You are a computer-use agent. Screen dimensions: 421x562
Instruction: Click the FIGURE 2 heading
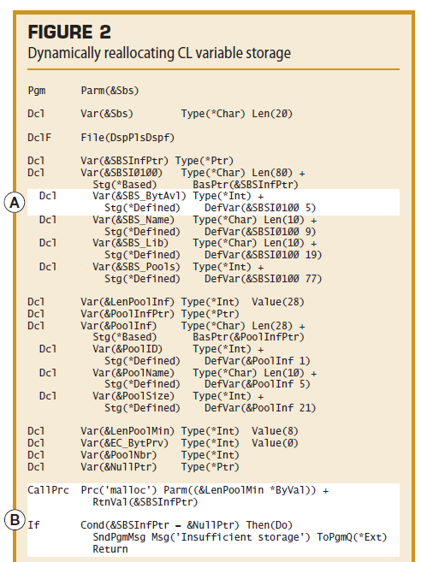click(69, 32)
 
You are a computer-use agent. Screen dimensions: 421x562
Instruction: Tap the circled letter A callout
click(15, 203)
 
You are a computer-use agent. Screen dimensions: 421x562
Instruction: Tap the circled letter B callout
click(15, 520)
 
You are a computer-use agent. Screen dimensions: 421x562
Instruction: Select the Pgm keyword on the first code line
click(37, 91)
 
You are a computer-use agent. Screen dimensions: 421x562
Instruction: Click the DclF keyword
click(39, 137)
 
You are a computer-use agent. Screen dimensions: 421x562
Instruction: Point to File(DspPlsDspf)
click(127, 138)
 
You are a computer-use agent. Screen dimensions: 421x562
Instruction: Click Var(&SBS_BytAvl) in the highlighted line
click(139, 196)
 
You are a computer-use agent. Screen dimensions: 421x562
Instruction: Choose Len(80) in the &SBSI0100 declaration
click(272, 173)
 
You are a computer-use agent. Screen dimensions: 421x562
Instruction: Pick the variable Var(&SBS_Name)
click(133, 220)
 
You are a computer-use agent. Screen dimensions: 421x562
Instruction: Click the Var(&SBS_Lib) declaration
click(131, 243)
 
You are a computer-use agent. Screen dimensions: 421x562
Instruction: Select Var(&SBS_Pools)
click(136, 267)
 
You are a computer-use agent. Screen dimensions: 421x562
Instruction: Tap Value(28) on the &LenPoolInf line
click(278, 302)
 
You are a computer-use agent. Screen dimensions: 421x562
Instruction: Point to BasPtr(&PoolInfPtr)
click(248, 337)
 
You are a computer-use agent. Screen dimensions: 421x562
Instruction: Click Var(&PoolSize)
click(133, 396)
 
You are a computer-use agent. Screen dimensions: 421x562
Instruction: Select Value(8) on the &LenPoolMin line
click(275, 431)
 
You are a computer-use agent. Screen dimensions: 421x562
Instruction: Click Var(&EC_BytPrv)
click(124, 443)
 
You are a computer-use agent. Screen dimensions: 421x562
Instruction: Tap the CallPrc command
click(48, 490)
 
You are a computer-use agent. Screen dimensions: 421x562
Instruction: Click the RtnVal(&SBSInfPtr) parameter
click(145, 502)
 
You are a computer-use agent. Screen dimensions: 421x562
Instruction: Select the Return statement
click(110, 549)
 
